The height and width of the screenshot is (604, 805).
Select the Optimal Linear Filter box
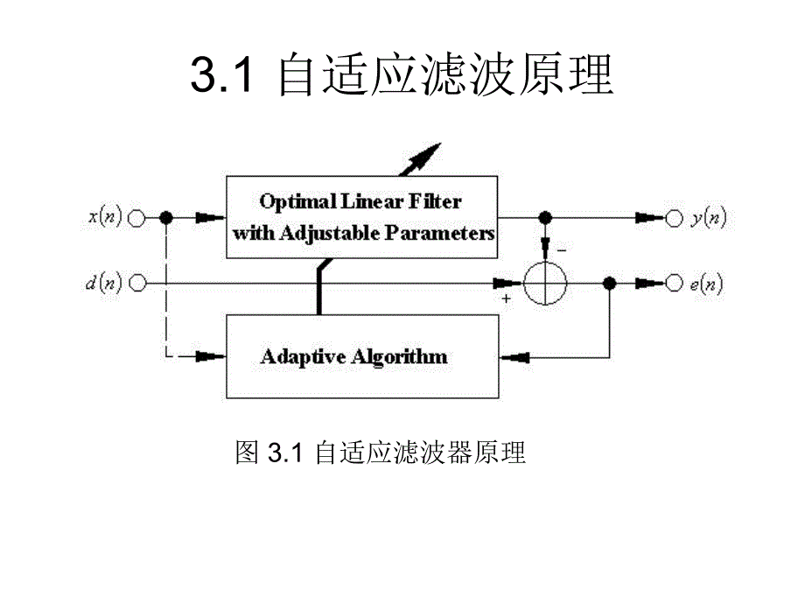click(x=362, y=217)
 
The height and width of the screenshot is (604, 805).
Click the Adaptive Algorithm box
click(x=362, y=356)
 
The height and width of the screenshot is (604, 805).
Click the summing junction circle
click(x=545, y=283)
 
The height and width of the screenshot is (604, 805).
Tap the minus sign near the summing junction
click(x=562, y=249)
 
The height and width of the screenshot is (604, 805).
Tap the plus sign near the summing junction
click(x=507, y=299)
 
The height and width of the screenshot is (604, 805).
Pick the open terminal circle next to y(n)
click(x=673, y=218)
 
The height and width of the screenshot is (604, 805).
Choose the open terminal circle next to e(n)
click(x=673, y=283)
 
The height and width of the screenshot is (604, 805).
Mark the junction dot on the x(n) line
click(x=166, y=218)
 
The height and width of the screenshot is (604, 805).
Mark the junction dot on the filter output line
click(x=545, y=218)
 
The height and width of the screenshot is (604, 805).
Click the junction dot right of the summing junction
click(x=610, y=283)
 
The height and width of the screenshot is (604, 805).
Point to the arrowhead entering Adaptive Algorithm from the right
click(x=511, y=356)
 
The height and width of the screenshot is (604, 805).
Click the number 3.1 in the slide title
click(x=221, y=76)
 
